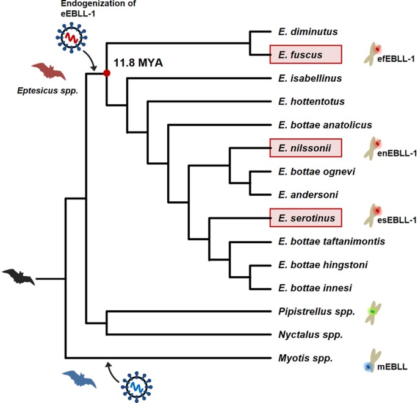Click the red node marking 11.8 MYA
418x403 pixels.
(x=107, y=73)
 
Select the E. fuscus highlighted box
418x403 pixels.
(x=304, y=55)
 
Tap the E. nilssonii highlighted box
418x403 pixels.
(x=304, y=148)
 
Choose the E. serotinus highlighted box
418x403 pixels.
(x=304, y=218)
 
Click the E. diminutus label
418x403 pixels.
(x=299, y=31)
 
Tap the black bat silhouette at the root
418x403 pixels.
(x=18, y=278)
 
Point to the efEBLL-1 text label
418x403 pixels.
(x=396, y=58)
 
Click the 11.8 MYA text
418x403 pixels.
(x=138, y=63)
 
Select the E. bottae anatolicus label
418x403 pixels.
(x=324, y=125)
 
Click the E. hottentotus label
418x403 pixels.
(x=311, y=101)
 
